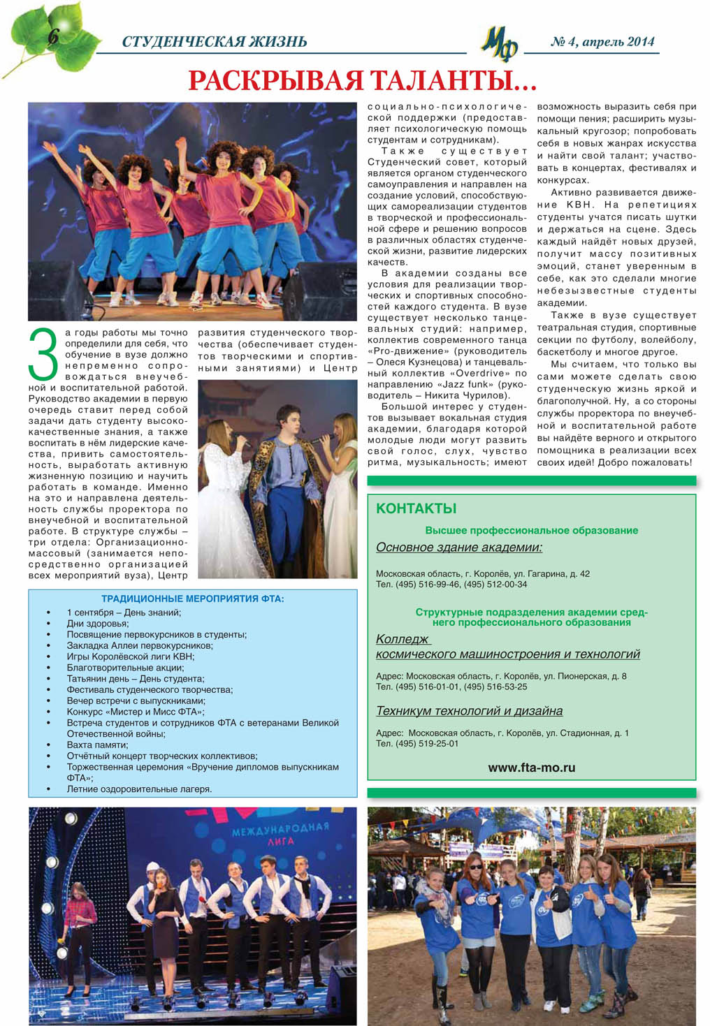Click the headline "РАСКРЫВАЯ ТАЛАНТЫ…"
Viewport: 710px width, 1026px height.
tap(362, 81)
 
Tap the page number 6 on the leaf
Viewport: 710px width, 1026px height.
tap(52, 36)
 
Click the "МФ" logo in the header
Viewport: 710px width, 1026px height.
tap(499, 45)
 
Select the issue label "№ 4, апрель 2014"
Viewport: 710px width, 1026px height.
tap(602, 42)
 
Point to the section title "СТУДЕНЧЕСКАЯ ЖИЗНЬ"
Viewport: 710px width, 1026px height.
tap(214, 42)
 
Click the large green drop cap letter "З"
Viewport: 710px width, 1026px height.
tap(44, 356)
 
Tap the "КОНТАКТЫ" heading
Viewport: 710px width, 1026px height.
tap(416, 508)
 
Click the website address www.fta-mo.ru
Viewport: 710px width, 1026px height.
tap(531, 767)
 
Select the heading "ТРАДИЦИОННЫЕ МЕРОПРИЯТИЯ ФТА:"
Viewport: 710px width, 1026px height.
tap(193, 599)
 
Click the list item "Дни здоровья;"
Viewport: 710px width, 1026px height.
tap(97, 623)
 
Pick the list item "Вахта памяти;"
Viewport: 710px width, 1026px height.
tap(97, 745)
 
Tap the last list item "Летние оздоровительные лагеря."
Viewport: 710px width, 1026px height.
tap(139, 789)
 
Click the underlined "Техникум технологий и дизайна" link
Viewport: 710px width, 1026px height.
tap(469, 711)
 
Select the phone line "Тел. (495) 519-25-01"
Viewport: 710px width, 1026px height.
tap(417, 743)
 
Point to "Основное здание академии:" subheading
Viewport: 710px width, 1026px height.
tap(459, 548)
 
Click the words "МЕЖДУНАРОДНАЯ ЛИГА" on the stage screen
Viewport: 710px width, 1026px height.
tap(280, 834)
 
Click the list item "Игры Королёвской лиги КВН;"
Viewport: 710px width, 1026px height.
tap(130, 657)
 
